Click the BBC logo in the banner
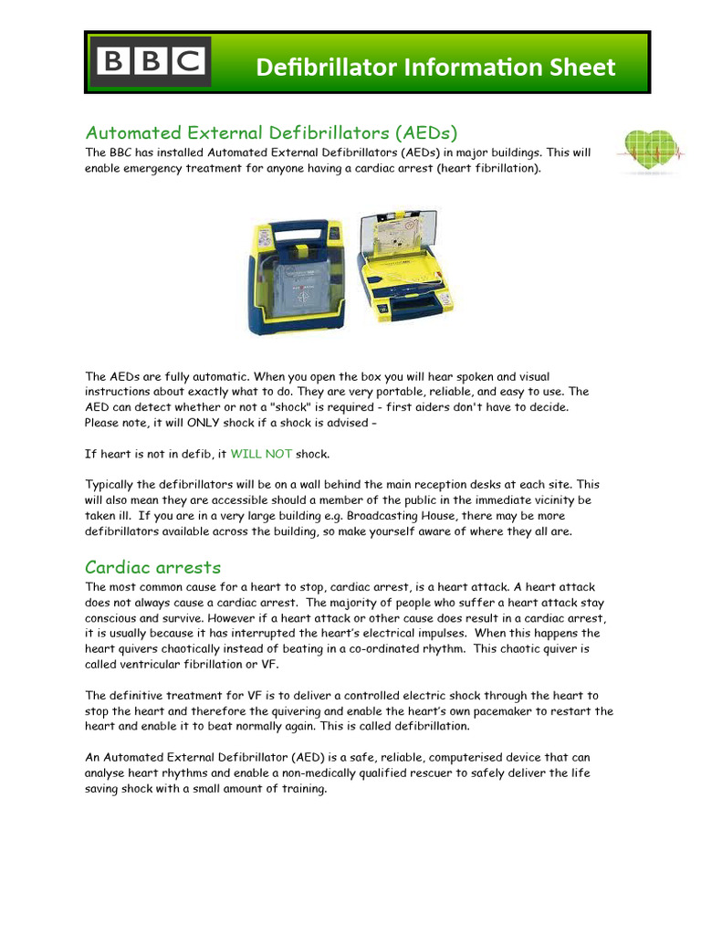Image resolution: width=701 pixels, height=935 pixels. tap(152, 62)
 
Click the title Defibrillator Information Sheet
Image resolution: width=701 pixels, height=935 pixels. tap(435, 67)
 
